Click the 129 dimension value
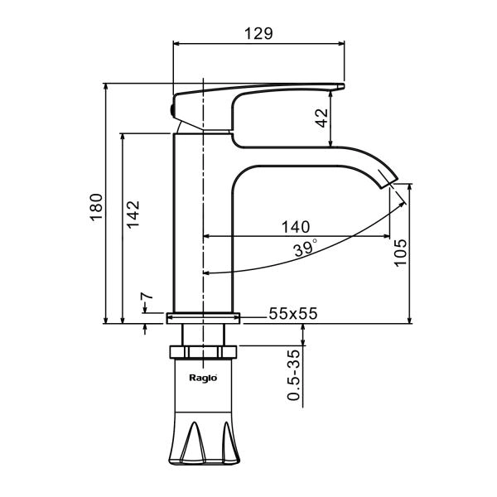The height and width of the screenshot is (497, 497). click(258, 33)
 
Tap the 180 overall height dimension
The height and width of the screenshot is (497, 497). click(96, 206)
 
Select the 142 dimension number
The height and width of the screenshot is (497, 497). click(133, 214)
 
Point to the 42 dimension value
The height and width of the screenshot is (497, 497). click(322, 118)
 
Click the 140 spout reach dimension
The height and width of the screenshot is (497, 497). click(296, 227)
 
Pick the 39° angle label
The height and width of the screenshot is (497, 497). click(305, 248)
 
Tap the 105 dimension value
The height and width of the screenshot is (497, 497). click(400, 253)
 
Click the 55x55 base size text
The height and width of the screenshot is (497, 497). click(293, 313)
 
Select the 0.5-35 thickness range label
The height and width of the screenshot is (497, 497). click(293, 375)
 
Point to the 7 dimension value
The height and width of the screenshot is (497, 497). click(147, 297)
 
